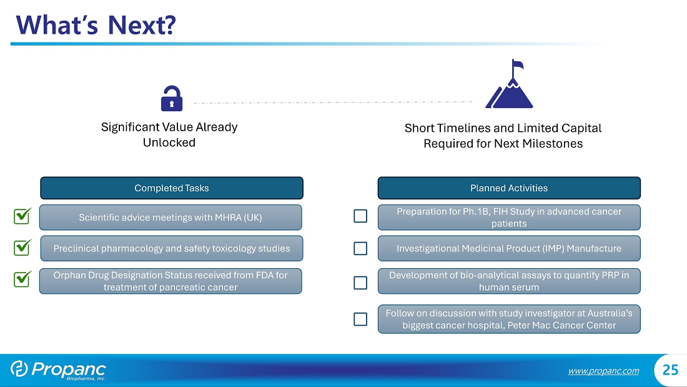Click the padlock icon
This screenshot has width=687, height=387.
click(x=171, y=98)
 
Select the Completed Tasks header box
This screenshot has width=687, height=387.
click(x=172, y=188)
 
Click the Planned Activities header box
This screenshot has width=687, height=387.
click(x=509, y=188)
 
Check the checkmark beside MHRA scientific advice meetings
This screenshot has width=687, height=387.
click(x=22, y=216)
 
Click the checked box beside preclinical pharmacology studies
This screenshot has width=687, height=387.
click(x=22, y=248)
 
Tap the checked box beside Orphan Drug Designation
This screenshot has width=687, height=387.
click(x=22, y=279)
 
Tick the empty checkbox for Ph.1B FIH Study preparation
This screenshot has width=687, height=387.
click(x=360, y=216)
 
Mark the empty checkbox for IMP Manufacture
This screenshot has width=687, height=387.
click(x=360, y=248)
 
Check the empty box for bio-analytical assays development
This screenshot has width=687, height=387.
click(x=360, y=283)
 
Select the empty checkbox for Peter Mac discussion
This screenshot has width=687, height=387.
click(x=360, y=319)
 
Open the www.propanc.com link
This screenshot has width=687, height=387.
click(x=603, y=371)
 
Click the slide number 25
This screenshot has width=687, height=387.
click(x=670, y=370)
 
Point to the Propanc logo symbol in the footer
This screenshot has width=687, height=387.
click(x=19, y=369)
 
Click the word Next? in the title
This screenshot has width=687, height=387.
click(x=142, y=25)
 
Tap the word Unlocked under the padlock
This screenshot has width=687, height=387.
click(x=169, y=143)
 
